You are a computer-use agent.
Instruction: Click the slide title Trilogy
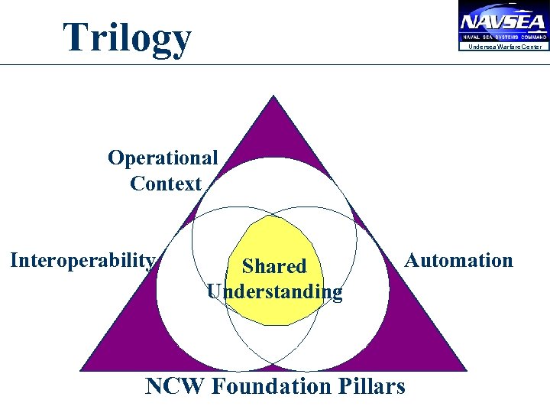127,37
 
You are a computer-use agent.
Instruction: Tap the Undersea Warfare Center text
505,47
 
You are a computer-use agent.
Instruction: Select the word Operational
163,158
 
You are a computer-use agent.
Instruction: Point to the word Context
166,184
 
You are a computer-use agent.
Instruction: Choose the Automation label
458,260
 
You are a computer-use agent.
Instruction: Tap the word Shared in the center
274,266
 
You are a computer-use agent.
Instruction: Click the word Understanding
275,291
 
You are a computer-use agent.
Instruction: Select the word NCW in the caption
175,386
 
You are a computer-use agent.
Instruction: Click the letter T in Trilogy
76,37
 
